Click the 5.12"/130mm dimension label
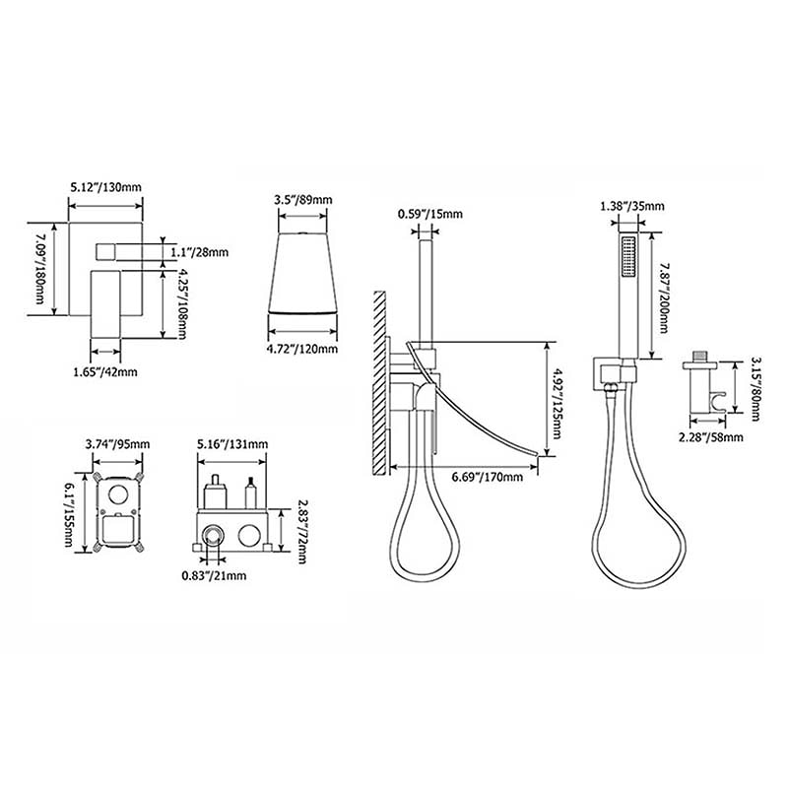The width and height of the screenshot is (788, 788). coord(105,187)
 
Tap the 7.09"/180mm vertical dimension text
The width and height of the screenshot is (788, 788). coord(39,269)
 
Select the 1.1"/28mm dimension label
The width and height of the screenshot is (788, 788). coord(200,251)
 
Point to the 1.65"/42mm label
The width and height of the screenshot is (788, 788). coord(105,372)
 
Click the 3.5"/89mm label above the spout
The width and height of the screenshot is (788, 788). coord(303,200)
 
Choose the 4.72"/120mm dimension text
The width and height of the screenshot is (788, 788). coord(302,349)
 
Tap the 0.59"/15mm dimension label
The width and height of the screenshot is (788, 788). coord(430,214)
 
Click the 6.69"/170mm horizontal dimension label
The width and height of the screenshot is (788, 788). coord(487,477)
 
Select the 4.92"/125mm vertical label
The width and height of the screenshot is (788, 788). coord(557,404)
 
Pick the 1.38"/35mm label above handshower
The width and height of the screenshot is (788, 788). coord(632,206)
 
